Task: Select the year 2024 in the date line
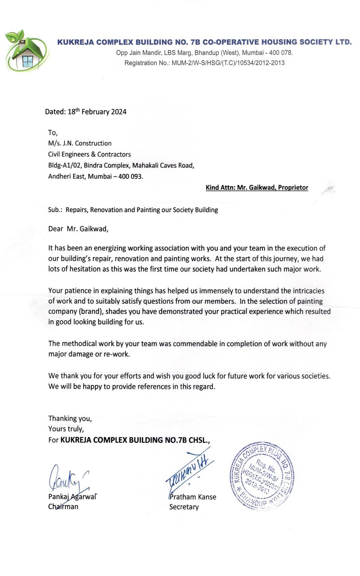119,112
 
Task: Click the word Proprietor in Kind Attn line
293,188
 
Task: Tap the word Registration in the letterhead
141,63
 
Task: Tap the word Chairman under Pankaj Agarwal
63,507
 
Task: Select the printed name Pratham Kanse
193,497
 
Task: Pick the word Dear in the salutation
56,229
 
